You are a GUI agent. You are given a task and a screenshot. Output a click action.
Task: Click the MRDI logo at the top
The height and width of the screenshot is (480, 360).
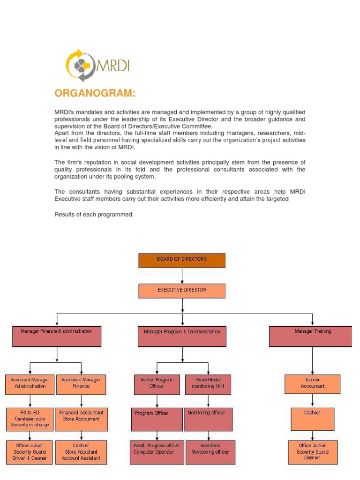tap(97, 66)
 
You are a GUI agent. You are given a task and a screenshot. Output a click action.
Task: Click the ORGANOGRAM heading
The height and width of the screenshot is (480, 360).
tap(95, 93)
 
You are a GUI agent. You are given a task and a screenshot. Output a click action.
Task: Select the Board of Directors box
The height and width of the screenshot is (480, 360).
tap(182, 260)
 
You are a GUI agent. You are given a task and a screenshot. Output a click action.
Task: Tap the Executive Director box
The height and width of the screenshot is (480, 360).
tap(182, 291)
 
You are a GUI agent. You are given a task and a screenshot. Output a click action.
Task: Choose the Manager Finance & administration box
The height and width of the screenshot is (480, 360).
tap(57, 336)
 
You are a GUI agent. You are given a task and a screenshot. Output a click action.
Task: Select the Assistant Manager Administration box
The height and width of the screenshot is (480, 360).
tap(30, 384)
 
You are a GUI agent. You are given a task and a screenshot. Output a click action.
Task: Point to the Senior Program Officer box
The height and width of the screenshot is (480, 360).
tap(157, 384)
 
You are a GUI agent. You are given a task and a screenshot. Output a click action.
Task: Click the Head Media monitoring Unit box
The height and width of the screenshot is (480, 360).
tap(209, 384)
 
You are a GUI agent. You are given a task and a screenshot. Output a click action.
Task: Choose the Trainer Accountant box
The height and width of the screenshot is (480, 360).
tap(313, 384)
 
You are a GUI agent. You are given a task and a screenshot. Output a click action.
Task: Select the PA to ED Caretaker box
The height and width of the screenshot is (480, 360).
tap(30, 419)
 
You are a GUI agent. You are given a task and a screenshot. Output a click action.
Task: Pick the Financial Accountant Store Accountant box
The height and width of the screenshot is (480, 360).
tap(82, 419)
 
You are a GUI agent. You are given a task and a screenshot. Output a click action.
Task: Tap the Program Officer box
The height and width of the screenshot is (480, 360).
tap(157, 419)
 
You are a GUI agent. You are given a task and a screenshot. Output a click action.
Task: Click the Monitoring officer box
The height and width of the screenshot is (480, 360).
tap(209, 419)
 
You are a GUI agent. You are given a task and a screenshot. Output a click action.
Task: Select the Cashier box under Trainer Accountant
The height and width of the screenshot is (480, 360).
tap(313, 419)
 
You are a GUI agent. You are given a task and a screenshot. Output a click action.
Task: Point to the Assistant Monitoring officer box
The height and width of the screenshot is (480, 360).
tap(210, 452)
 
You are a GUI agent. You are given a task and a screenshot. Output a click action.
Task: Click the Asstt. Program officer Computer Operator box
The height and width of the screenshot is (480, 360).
tap(157, 452)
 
